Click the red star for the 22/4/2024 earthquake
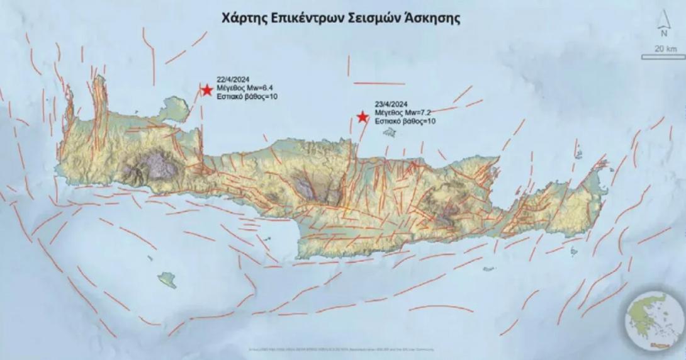pyautogui.click(x=206, y=89)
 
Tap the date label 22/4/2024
pyautogui.click(x=230, y=80)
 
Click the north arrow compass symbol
pyautogui.click(x=663, y=28)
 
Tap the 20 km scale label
pyautogui.click(x=661, y=48)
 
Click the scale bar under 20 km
pyautogui.click(x=663, y=57)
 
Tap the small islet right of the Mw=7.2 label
pyautogui.click(x=390, y=133)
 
